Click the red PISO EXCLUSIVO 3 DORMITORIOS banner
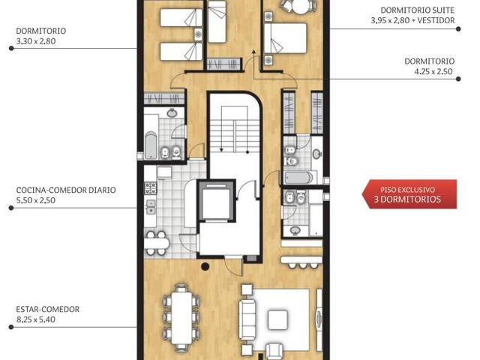(x=409, y=194)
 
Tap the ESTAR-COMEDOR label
(x=48, y=309)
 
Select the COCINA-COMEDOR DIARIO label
(x=66, y=190)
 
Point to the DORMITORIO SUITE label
(x=418, y=10)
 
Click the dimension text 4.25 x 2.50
(x=433, y=72)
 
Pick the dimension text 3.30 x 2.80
(x=36, y=41)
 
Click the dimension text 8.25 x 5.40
(x=36, y=319)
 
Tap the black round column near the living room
(x=205, y=266)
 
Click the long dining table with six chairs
(x=181, y=318)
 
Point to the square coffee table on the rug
(x=277, y=320)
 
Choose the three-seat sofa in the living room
(x=247, y=319)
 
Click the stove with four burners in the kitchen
(x=151, y=188)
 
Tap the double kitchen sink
(x=151, y=207)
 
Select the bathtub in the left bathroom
(x=151, y=145)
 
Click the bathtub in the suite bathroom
(x=298, y=178)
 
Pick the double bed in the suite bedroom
(x=286, y=38)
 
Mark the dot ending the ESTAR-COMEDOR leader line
(x=11, y=327)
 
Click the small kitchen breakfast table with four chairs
(x=157, y=243)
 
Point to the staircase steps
(x=235, y=136)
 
